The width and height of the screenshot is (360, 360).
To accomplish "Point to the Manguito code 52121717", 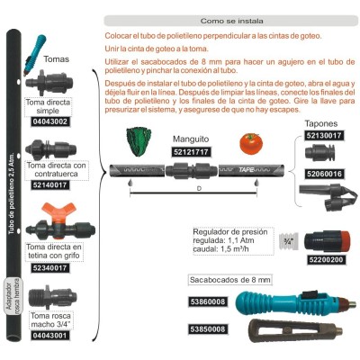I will tap(192, 151).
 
